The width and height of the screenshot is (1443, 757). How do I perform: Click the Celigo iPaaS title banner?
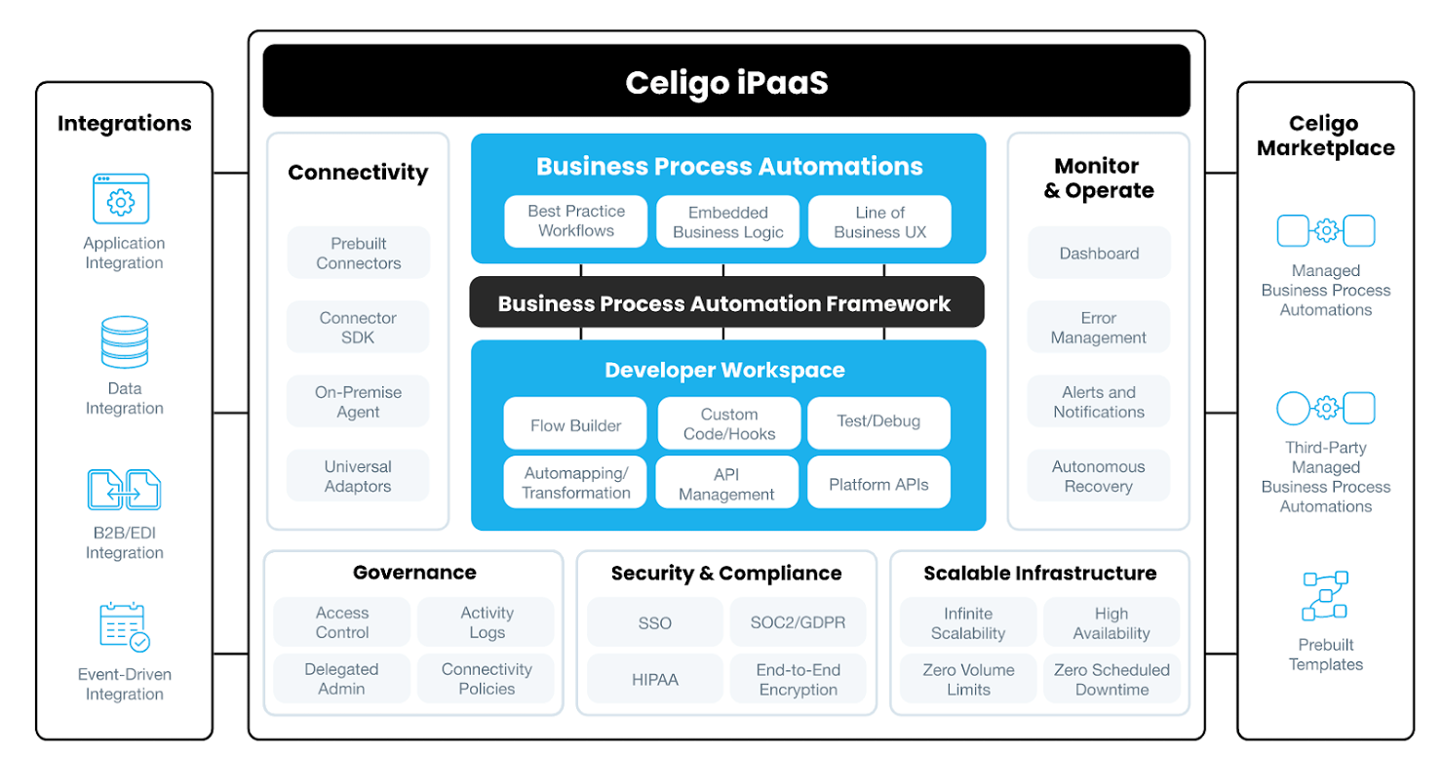click(x=726, y=82)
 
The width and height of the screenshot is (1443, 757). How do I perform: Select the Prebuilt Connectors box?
click(x=358, y=254)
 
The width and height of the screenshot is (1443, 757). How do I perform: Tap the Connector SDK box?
click(x=358, y=328)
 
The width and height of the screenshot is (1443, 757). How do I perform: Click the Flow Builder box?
click(x=575, y=425)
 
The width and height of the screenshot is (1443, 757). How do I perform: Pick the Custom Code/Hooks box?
click(x=728, y=424)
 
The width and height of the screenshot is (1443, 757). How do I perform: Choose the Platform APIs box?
click(x=878, y=484)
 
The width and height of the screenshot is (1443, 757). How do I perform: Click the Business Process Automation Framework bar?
click(x=724, y=303)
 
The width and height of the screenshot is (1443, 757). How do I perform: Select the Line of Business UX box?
click(x=879, y=222)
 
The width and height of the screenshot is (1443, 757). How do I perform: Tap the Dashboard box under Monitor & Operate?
click(x=1099, y=254)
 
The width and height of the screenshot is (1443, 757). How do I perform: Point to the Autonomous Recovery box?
click(x=1098, y=476)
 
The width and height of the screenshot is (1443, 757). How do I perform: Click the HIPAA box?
click(x=654, y=679)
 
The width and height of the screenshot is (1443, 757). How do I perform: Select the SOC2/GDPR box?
click(x=798, y=622)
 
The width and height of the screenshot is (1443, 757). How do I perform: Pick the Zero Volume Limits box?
click(x=968, y=679)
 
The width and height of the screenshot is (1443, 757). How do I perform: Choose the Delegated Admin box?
click(x=341, y=679)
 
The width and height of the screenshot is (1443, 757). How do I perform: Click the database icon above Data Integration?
click(x=124, y=341)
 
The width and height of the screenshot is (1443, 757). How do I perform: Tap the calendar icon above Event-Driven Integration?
click(x=124, y=626)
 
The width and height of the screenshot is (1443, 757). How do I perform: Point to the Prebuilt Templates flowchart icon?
click(x=1325, y=596)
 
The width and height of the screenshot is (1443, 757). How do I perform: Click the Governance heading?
click(x=414, y=573)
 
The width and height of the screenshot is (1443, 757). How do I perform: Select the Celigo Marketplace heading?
click(x=1325, y=136)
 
